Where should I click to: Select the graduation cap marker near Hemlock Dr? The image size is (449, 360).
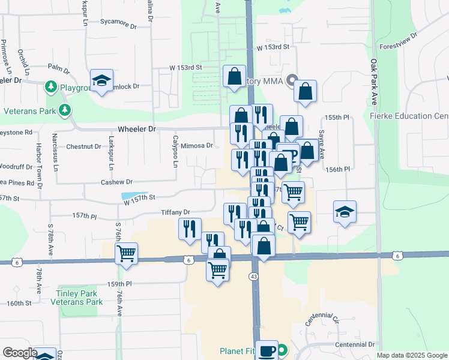tap(102, 80)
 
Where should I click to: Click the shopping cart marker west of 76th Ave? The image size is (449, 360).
tap(126, 254)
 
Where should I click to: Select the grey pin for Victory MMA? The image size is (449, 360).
tap(292, 79)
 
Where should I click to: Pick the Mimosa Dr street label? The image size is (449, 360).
tap(197, 145)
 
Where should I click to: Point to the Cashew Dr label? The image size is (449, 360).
tap(116, 182)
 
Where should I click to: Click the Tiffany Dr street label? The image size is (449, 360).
tap(175, 212)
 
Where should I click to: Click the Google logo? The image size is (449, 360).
tap(20, 353)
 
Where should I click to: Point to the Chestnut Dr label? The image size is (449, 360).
tap(83, 146)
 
